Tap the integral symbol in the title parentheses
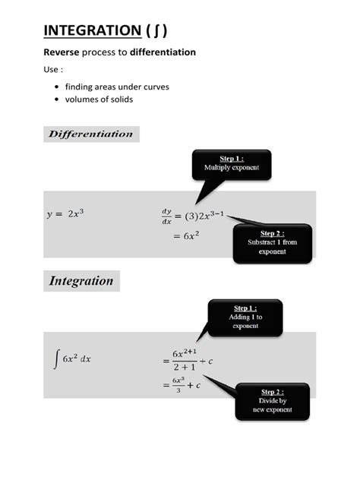pyautogui.click(x=155, y=30)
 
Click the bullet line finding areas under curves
pyautogui.click(x=117, y=87)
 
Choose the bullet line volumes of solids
pyautogui.click(x=99, y=99)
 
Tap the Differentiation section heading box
pyautogui.click(x=91, y=134)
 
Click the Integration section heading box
pyautogui.click(x=81, y=281)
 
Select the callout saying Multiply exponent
pyautogui.click(x=231, y=163)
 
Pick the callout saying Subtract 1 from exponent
pyautogui.click(x=272, y=242)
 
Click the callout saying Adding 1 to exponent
pyautogui.click(x=245, y=317)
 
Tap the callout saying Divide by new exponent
pyautogui.click(x=272, y=401)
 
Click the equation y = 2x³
pyautogui.click(x=65, y=214)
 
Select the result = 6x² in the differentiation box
pyautogui.click(x=186, y=235)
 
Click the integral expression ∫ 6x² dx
pyautogui.click(x=72, y=358)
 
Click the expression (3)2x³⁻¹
pyautogui.click(x=202, y=216)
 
